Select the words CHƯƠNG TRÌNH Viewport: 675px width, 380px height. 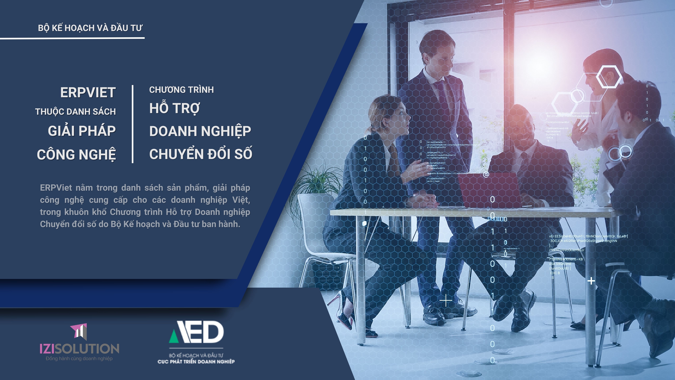pos(181,90)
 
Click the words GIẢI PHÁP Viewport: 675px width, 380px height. pos(82,131)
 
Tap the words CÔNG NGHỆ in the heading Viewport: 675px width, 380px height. pos(76,155)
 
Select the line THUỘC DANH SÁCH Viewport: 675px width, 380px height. pos(75,112)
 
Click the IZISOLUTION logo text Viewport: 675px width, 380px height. pos(79,349)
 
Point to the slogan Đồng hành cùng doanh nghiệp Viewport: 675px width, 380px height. pos(79,358)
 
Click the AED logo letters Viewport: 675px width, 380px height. pos(197,332)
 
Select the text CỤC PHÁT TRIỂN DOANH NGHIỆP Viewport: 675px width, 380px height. pos(196,362)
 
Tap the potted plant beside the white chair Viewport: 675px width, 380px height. pos(314,181)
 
